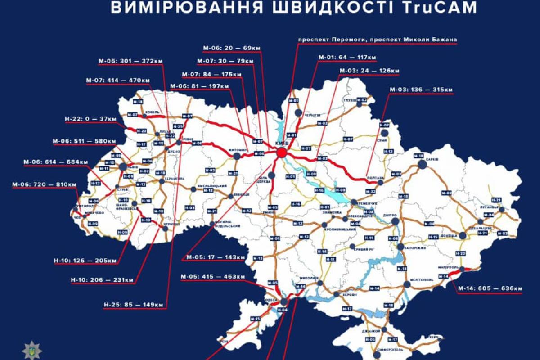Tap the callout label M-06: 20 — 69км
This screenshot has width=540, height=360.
pyautogui.click(x=231, y=48)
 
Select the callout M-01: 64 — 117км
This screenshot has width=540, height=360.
pyautogui.click(x=347, y=58)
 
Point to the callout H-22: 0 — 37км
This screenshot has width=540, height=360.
pyautogui.click(x=90, y=119)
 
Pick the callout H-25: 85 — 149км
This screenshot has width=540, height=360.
pyautogui.click(x=133, y=305)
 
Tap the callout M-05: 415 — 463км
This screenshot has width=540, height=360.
pyautogui.click(x=212, y=277)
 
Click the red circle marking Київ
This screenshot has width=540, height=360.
pyautogui.click(x=281, y=153)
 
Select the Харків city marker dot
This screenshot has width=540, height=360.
pyautogui.click(x=422, y=165)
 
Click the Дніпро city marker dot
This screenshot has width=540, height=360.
pyautogui.click(x=395, y=221)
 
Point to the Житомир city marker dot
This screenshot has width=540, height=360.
pyautogui.click(x=237, y=156)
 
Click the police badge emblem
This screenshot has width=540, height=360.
pyautogui.click(x=31, y=350)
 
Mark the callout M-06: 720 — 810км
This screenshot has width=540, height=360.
pyautogui.click(x=44, y=184)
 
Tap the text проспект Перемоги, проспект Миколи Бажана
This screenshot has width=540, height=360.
pyautogui.click(x=378, y=40)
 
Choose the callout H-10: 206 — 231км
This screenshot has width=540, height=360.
pyautogui.click(x=102, y=280)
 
